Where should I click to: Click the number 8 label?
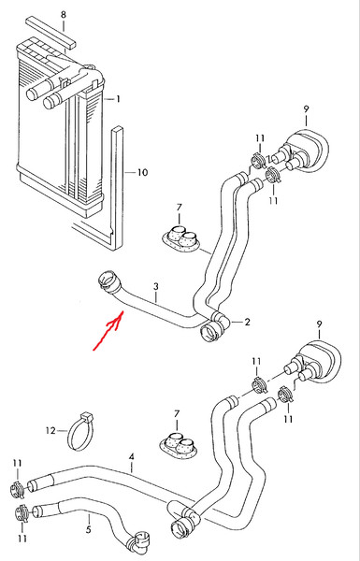tap(64, 15)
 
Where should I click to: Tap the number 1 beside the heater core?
tap(118, 99)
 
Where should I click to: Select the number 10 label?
tap(142, 172)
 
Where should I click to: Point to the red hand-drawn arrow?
tap(108, 330)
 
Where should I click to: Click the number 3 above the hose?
tap(156, 287)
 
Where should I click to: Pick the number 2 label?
tap(247, 322)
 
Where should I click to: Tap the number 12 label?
tap(51, 430)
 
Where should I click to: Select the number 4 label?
tap(132, 457)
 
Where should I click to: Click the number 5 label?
tap(89, 529)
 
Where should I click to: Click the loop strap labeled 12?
tap(80, 432)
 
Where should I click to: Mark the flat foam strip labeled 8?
tap(50, 32)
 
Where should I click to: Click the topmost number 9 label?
tap(306, 109)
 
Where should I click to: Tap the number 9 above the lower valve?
tap(319, 324)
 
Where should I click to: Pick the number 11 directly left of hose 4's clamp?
tap(18, 464)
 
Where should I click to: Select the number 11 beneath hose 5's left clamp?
tap(22, 538)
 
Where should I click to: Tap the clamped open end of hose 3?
tap(108, 280)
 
